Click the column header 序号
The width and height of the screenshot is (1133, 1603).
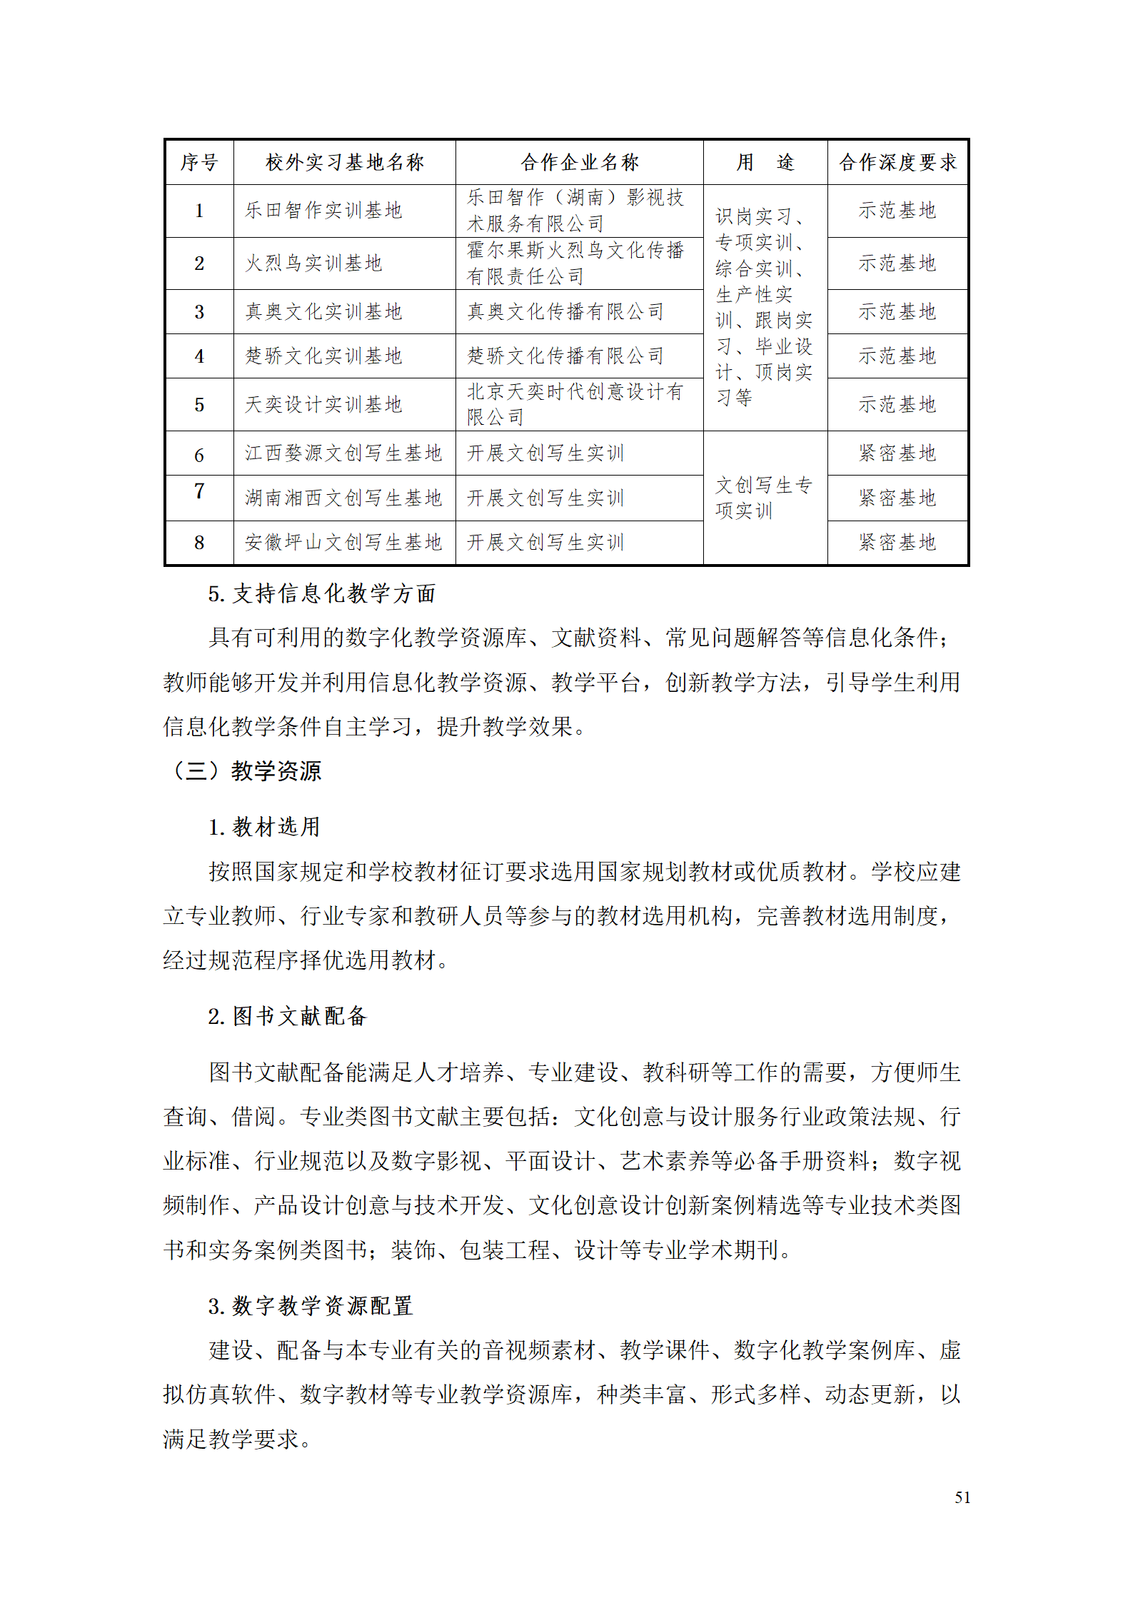point(199,163)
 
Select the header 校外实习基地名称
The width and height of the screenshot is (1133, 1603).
point(345,163)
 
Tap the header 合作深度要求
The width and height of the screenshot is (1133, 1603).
point(897,163)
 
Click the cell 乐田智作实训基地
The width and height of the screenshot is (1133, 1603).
point(323,211)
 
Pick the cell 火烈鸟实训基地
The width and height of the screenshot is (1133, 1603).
point(314,263)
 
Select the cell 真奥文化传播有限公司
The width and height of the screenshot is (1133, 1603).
point(565,312)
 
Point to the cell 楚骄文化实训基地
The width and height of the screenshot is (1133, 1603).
point(323,356)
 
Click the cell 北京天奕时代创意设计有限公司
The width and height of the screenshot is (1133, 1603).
point(575,404)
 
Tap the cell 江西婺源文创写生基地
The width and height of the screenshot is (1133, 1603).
point(343,453)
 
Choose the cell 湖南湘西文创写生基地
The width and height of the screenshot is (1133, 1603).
point(343,498)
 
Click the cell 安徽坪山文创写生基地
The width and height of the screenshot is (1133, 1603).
point(343,543)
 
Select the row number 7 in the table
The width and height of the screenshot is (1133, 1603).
point(199,491)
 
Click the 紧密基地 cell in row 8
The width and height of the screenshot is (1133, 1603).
point(897,543)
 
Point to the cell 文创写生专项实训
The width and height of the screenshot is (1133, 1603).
point(764,498)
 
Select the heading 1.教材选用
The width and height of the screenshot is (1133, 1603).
point(264,827)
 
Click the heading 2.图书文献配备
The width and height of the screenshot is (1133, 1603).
point(287,1016)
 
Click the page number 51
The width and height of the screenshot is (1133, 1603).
point(962,1497)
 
